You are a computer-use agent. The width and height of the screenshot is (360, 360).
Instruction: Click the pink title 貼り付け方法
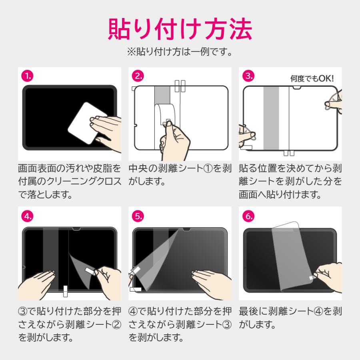[x=180, y=29]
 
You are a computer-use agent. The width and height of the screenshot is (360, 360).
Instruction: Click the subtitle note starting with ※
[x=180, y=52]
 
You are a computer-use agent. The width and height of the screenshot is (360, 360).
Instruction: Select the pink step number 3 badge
[x=248, y=76]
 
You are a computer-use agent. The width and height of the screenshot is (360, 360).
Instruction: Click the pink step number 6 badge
[x=248, y=216]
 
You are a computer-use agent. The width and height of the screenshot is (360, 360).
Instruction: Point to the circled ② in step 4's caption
[x=116, y=324]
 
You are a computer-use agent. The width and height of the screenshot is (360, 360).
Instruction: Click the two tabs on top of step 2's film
[x=180, y=86]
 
